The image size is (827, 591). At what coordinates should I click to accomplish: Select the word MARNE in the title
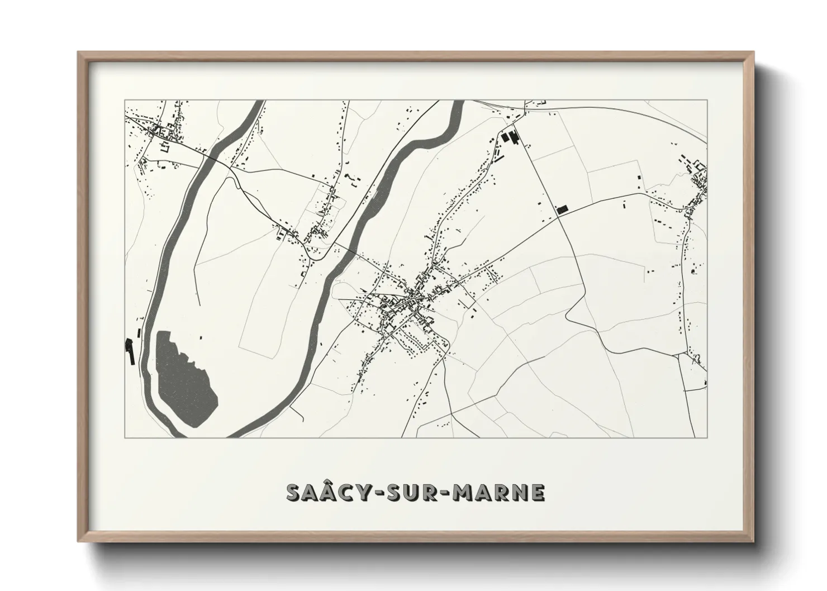499,492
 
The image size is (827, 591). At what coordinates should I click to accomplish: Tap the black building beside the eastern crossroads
562,209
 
